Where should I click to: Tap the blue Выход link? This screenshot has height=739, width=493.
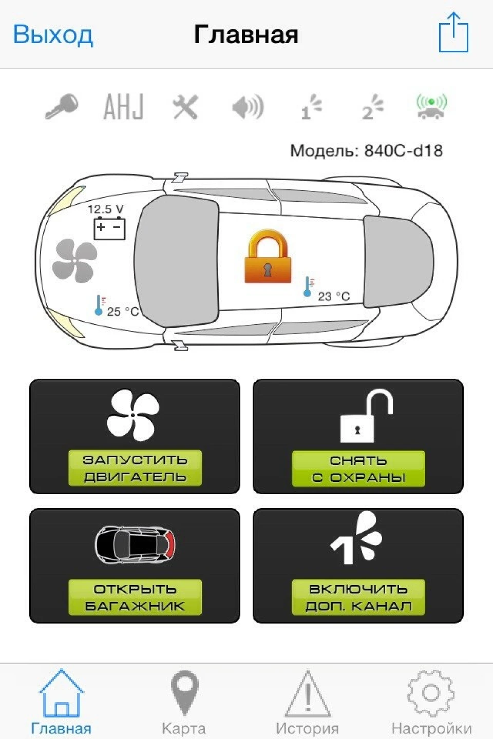pos(53,35)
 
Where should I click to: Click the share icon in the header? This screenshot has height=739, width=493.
pos(453,32)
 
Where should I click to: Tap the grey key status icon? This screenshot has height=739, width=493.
pos(62,106)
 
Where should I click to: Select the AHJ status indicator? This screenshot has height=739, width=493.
pos(123,106)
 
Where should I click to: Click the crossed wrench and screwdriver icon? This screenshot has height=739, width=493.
pos(185,107)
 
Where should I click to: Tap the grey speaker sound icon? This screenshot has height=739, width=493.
pos(248,107)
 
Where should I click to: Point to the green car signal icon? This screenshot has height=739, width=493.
pos(431,106)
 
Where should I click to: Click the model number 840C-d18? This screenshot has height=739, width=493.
pos(403,151)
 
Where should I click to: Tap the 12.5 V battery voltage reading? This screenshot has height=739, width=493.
pos(106,209)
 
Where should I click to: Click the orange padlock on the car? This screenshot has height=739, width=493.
pos(268,257)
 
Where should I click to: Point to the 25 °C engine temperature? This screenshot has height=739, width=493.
pos(123,312)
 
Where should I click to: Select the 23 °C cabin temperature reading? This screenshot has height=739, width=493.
pos(333,296)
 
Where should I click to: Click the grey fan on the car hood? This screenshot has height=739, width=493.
pos(75,261)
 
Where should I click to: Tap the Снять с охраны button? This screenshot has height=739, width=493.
pos(358,436)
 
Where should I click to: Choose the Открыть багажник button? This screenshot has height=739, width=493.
pos(135,566)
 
